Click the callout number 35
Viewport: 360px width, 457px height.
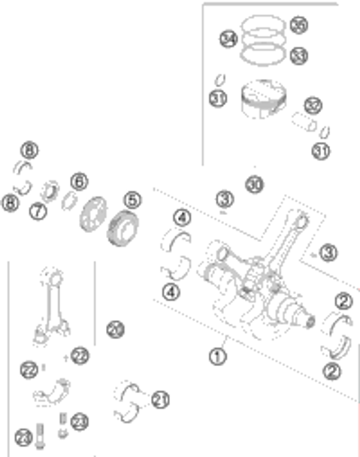pos(298,26)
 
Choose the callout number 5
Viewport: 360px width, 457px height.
pos(132,201)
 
